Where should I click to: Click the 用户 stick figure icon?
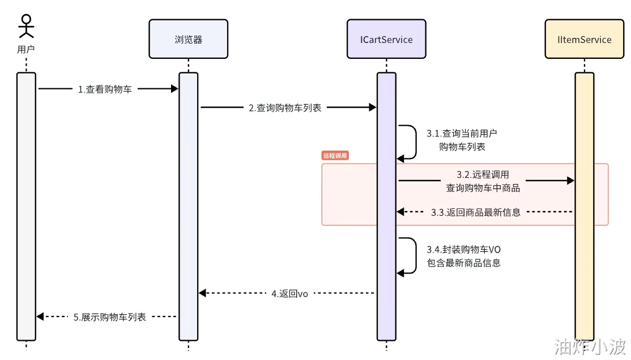coord(26,26)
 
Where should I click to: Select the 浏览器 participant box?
coord(188,39)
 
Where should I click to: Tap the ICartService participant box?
coord(386,39)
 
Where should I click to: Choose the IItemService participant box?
coord(584,39)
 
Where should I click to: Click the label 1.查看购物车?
coord(105,89)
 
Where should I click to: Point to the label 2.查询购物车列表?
coord(285,108)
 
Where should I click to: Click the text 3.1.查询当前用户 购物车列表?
coord(462,140)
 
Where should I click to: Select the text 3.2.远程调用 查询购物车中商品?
coord(483,181)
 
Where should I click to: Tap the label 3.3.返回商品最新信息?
coord(475,212)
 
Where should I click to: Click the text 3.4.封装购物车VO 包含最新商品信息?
coord(463,256)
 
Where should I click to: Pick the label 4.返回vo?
coord(289,293)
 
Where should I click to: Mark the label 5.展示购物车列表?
coord(110,317)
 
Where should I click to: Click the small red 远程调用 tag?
coord(334,156)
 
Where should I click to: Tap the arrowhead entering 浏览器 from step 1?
coord(175,88)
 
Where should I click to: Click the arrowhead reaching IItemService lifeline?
coord(570,181)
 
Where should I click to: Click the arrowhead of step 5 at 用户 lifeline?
coord(40,317)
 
